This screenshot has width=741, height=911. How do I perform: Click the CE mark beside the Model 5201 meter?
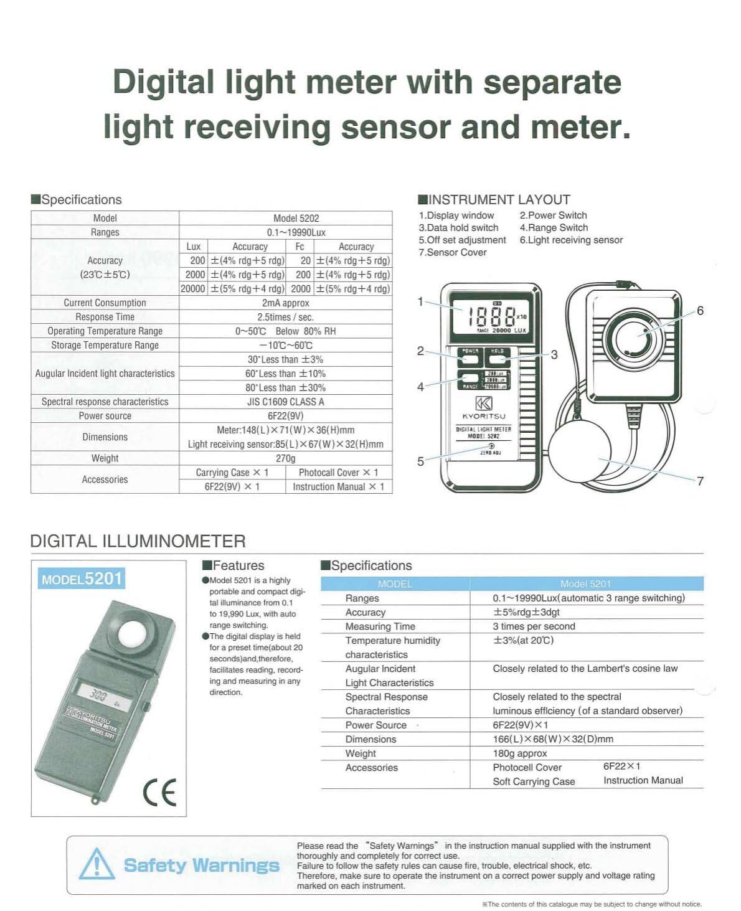(159, 792)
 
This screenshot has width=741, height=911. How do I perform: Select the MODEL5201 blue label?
(81, 579)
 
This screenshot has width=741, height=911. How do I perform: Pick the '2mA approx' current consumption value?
(285, 303)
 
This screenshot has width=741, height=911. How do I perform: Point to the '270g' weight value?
(285, 458)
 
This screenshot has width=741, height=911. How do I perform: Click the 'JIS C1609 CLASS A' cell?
(285, 402)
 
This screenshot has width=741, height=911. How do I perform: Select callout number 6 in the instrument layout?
(700, 311)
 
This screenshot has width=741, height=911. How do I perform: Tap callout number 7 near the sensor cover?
(700, 481)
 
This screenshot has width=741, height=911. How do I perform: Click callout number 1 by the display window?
(420, 302)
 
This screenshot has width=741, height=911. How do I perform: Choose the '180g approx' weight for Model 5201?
(520, 753)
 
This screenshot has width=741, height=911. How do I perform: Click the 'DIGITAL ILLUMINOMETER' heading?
(138, 541)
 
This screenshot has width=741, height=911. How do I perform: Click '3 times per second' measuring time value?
(534, 626)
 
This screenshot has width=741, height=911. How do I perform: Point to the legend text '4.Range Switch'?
(554, 228)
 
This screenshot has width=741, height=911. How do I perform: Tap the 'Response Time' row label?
(105, 317)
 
